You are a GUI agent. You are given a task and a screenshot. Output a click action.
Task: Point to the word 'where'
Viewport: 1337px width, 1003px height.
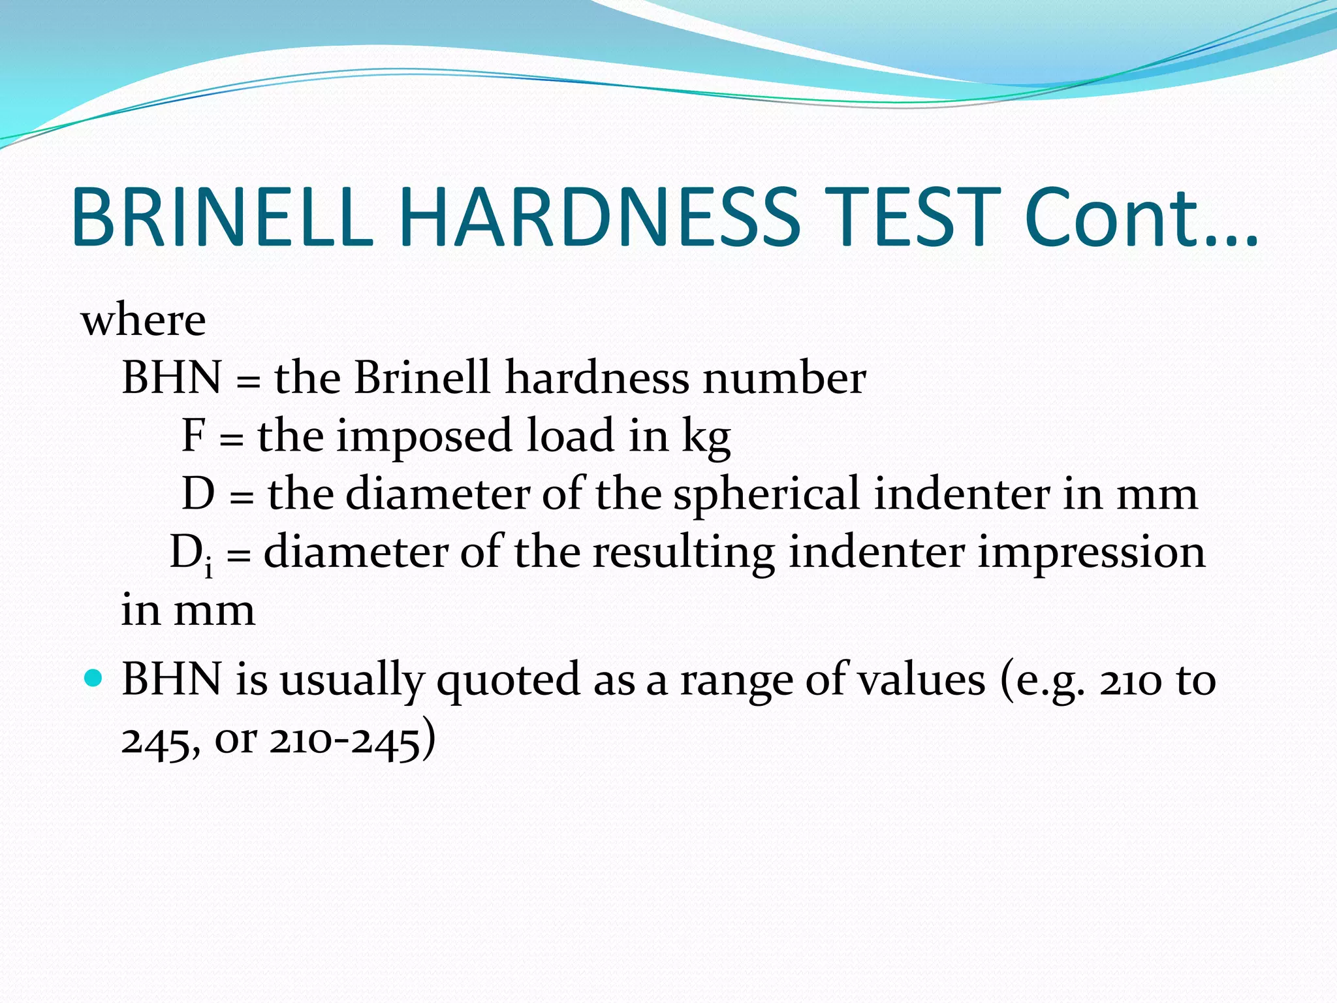click(x=143, y=321)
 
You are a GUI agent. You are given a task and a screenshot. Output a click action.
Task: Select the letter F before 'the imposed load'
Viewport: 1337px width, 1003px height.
click(x=194, y=436)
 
